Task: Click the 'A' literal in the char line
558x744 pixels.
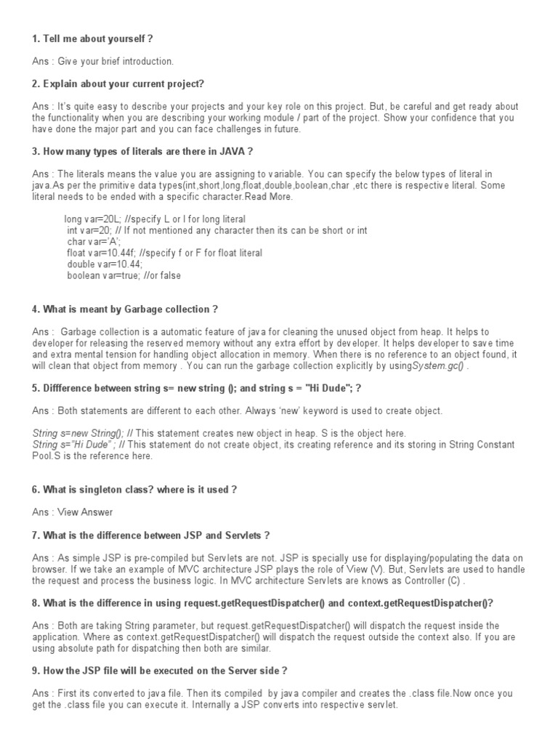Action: (113, 241)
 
